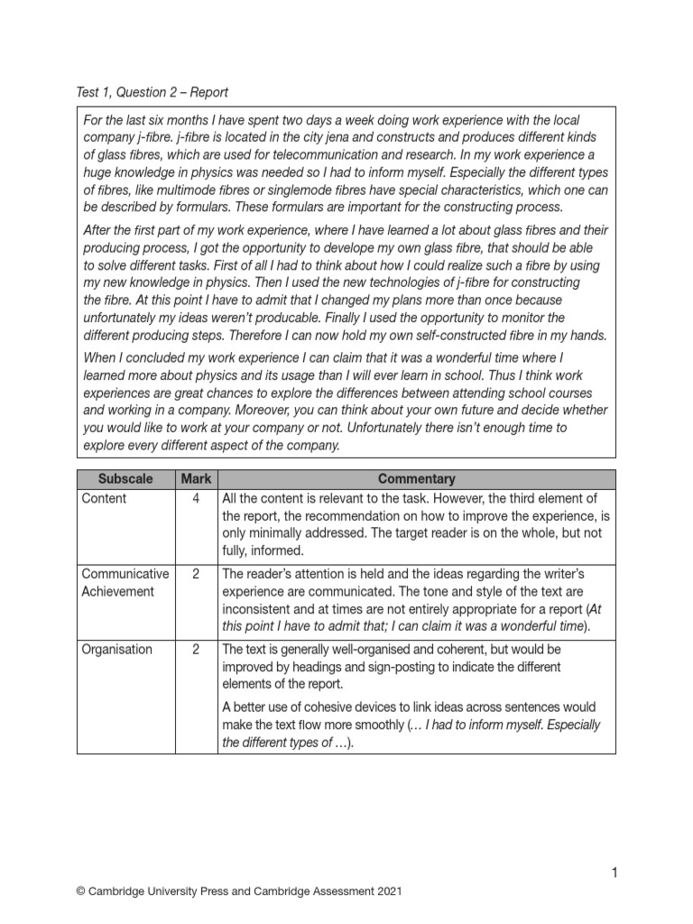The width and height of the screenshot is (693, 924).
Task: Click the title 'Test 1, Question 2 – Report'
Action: click(x=152, y=92)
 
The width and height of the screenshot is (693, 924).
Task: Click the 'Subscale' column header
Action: click(x=125, y=479)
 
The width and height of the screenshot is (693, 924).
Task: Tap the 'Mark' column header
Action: click(x=196, y=479)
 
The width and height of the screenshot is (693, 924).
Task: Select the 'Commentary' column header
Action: click(x=416, y=479)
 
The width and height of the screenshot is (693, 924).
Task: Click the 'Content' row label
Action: click(x=104, y=498)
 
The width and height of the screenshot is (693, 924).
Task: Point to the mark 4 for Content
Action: click(x=196, y=498)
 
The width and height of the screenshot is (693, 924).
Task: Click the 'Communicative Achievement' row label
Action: click(x=125, y=582)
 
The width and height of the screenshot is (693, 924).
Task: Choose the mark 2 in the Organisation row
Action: click(x=196, y=649)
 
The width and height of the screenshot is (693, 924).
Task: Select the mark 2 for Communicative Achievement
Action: click(x=196, y=573)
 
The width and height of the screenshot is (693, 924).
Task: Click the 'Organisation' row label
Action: click(x=116, y=649)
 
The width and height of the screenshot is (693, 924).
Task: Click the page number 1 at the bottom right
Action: click(x=614, y=872)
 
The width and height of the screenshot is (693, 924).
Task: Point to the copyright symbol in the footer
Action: click(x=82, y=892)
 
